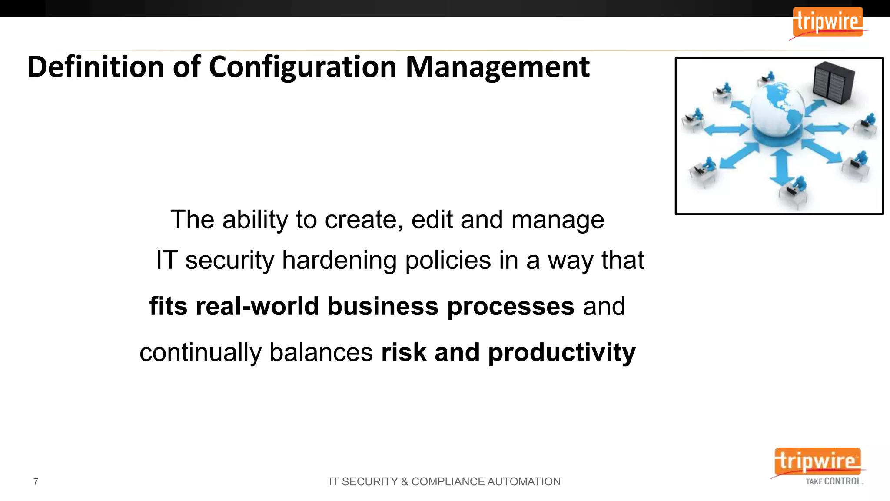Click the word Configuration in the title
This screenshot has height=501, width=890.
pos(302,68)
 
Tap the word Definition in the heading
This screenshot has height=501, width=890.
pos(96,67)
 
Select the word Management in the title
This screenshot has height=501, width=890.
pos(497,68)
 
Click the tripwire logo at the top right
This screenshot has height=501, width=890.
pos(827,22)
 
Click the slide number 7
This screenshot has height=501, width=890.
pos(36,481)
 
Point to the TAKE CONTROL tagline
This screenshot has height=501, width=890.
pos(834,481)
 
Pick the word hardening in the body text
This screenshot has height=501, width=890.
pos(339,261)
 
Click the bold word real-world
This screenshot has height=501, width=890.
pos(257,306)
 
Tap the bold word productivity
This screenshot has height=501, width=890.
pos(561,353)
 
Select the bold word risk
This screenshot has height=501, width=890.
pos(404,352)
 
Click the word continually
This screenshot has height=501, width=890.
pos(200,352)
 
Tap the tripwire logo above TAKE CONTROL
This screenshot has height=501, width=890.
pos(817,461)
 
